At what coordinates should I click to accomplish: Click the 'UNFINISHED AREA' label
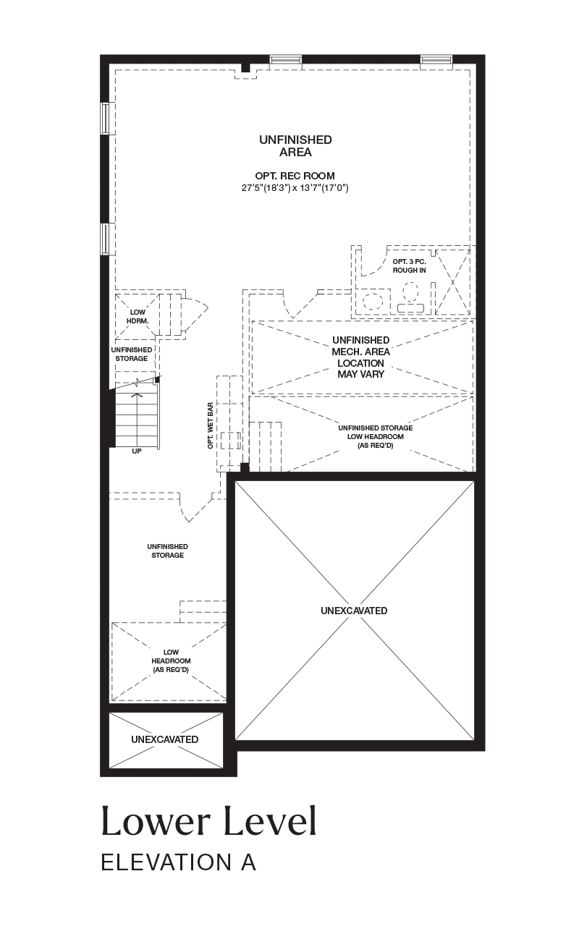pos(295,146)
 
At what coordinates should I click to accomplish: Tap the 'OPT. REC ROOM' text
pos(295,176)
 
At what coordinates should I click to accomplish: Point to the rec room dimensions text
pos(295,188)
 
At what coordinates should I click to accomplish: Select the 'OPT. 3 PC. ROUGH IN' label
pos(409,266)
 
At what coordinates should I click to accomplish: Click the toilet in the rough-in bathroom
pos(411,297)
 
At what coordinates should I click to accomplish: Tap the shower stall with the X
pos(452,282)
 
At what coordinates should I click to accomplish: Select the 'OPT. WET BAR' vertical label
pos(211,426)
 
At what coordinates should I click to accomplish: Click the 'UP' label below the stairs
pos(137,451)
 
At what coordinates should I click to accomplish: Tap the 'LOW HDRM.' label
pos(138,317)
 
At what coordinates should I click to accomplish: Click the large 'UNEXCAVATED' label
pos(354,611)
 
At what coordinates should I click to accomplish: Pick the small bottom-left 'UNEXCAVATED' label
pos(164,739)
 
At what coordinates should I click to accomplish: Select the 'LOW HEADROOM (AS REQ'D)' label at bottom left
pos(171,660)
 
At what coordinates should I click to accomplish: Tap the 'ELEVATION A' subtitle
pos(179,863)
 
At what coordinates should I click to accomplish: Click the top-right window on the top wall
pos(436,60)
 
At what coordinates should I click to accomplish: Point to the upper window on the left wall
pos(106,118)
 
